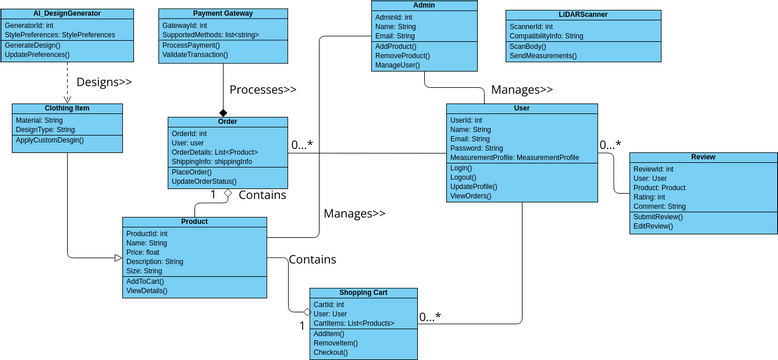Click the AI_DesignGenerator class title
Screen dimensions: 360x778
click(x=66, y=14)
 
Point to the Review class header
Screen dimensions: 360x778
click(x=703, y=158)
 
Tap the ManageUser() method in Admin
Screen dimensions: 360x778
click(x=398, y=65)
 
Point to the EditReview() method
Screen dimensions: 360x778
click(x=654, y=226)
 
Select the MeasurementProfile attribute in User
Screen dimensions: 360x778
click(x=514, y=158)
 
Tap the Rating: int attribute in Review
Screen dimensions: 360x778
click(x=649, y=197)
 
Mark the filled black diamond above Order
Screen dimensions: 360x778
click(x=224, y=112)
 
